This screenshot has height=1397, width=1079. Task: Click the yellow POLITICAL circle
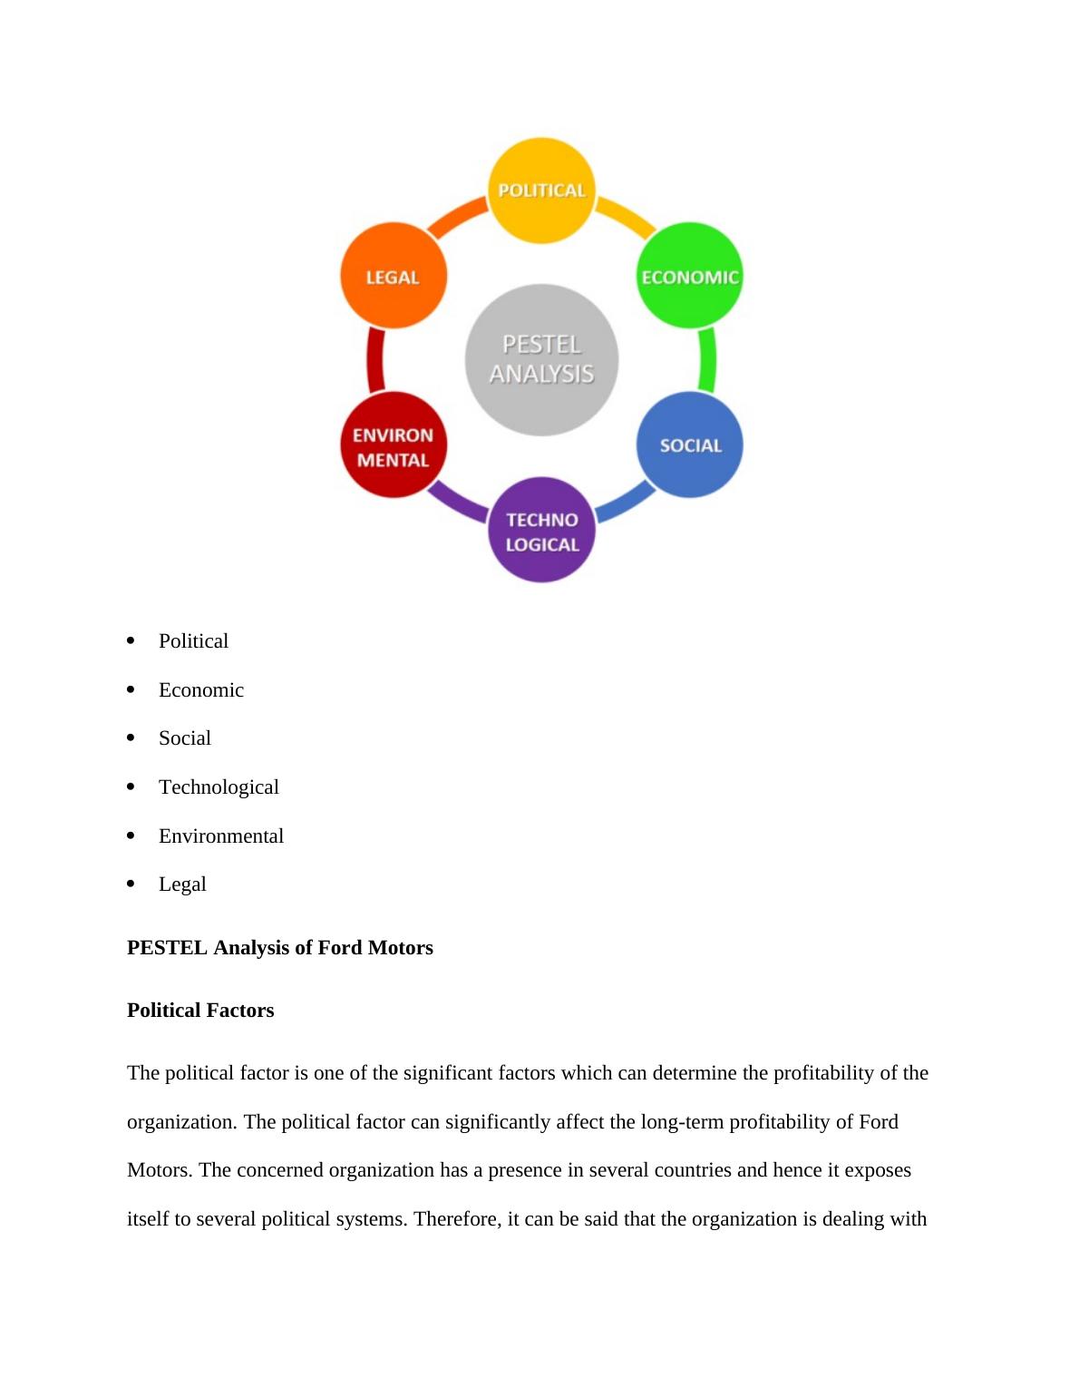(541, 190)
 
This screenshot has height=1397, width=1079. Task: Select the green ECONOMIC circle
(690, 276)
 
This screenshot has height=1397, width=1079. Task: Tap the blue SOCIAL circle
(690, 444)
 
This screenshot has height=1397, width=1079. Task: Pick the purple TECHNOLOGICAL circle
(541, 531)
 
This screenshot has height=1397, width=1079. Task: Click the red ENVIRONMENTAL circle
(394, 445)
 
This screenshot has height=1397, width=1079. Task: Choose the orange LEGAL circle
(394, 276)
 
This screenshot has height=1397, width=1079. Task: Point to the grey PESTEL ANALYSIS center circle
(541, 359)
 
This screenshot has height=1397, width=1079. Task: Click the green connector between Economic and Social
(708, 360)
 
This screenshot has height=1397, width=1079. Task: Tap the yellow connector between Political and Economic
(625, 217)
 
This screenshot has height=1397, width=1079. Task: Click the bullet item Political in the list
(193, 641)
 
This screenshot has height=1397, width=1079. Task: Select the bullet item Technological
(219, 787)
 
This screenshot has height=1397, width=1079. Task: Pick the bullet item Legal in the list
(182, 884)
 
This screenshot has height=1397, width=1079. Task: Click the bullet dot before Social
(131, 738)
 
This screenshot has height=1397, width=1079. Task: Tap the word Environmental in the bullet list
(221, 836)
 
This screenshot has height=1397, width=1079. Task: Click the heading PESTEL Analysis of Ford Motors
(279, 948)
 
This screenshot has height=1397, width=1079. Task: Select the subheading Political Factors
(200, 1011)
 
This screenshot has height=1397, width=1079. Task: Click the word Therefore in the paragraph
(458, 1219)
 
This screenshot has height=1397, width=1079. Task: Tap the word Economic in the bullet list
(201, 690)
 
